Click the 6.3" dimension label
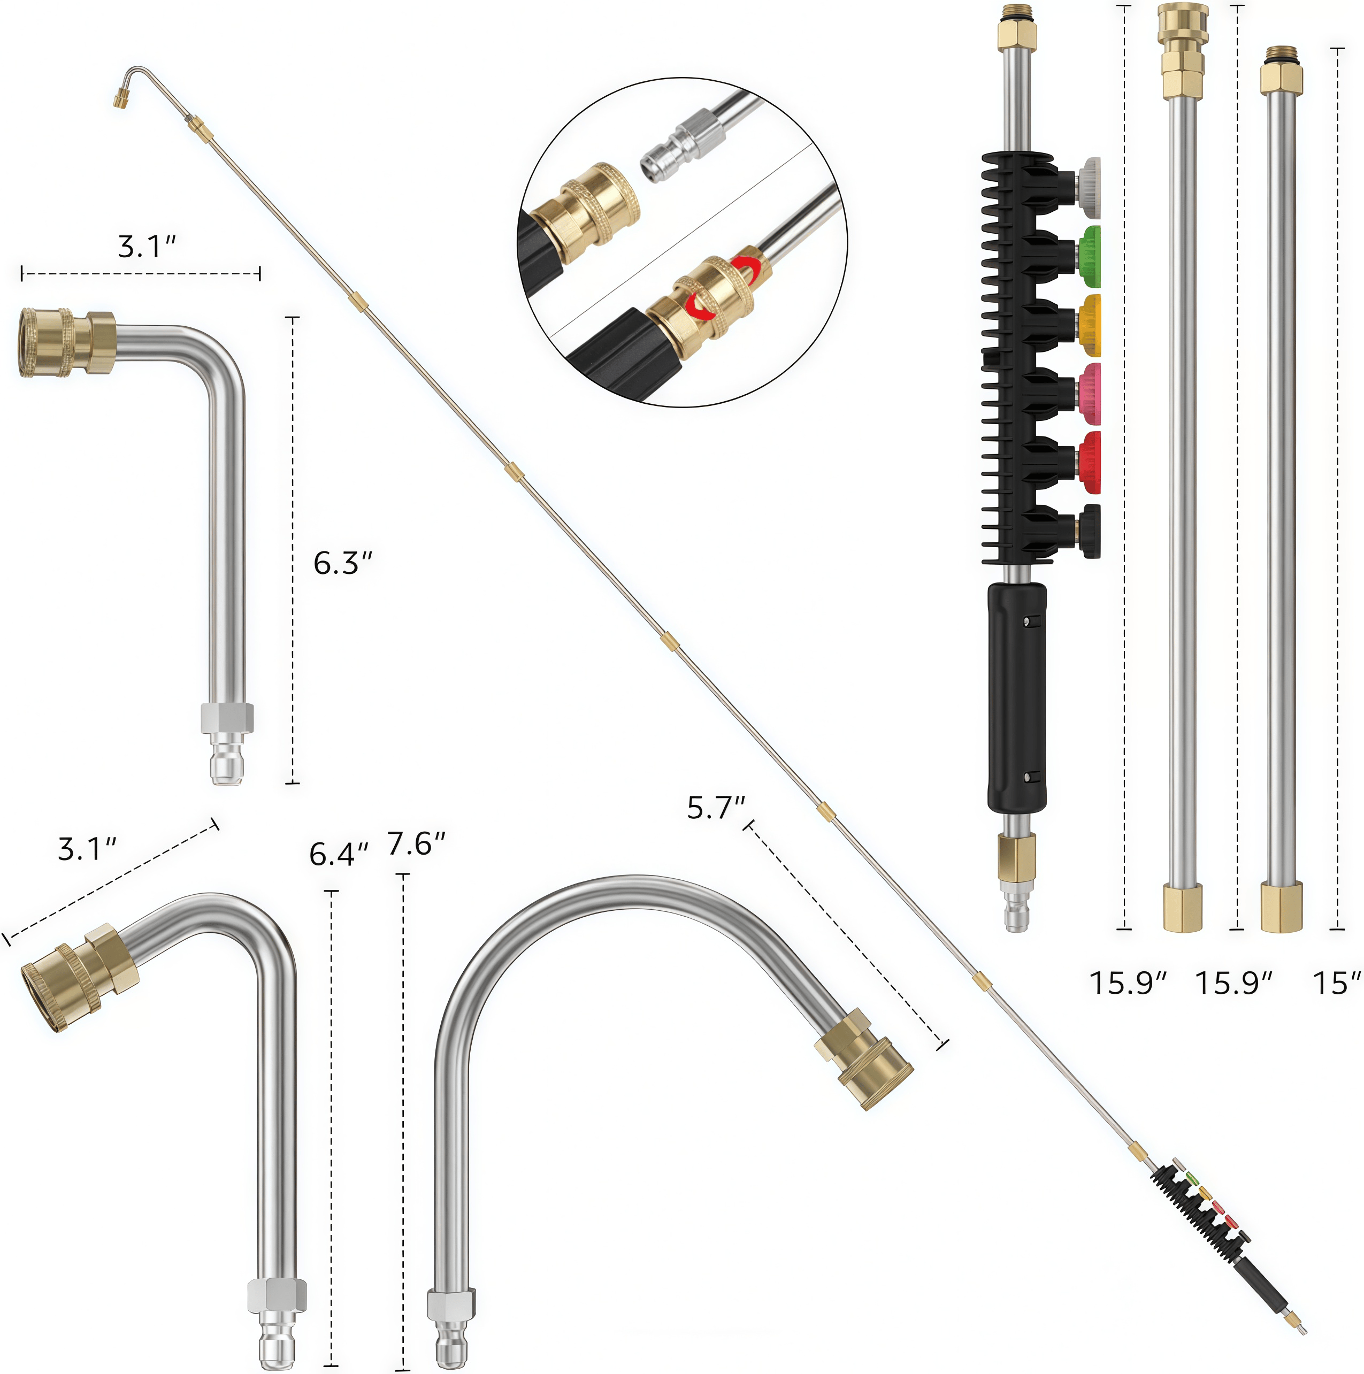coord(343,563)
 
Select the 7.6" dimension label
coord(416,843)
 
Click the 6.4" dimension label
coord(339,854)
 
